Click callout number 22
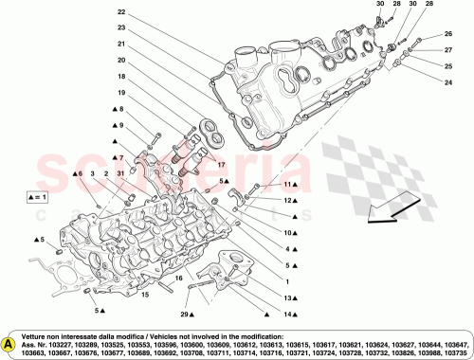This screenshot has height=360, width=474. point(121,12)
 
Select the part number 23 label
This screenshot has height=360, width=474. point(121,27)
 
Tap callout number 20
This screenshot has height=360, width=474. point(121,60)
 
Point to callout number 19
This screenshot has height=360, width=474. point(121,93)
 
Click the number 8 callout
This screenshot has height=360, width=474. point(121,109)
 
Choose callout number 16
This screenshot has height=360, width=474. point(177,280)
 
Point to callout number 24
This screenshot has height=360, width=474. point(448,81)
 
